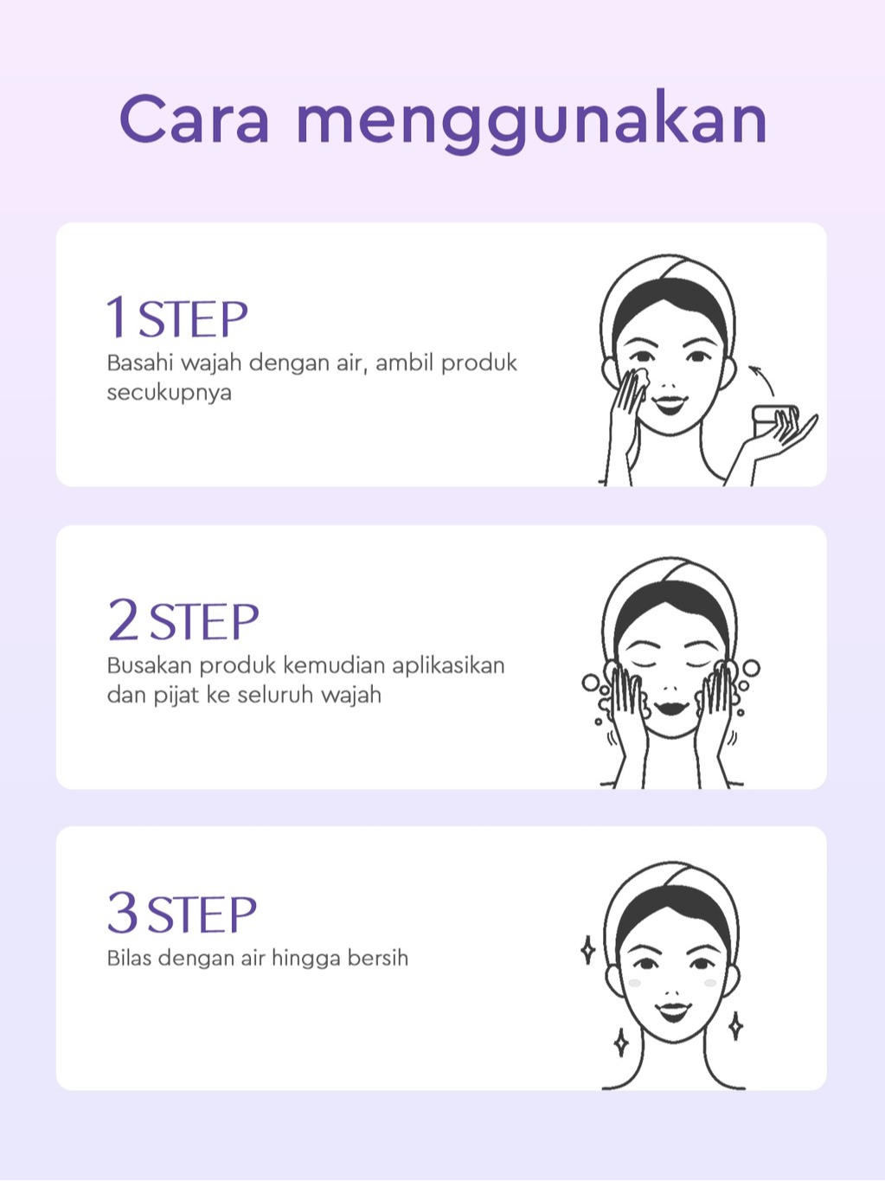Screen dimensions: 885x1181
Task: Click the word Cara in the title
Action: click(195, 119)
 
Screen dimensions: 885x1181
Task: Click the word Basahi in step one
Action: click(140, 363)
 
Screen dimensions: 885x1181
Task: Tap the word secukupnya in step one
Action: click(169, 394)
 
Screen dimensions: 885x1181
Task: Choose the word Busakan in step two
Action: click(149, 666)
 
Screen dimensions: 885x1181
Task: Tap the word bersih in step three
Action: click(378, 959)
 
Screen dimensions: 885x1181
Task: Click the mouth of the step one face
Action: click(670, 403)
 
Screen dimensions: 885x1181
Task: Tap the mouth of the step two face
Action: click(670, 707)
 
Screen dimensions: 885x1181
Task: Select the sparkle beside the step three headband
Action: click(588, 950)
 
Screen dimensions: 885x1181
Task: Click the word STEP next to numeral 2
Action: click(204, 621)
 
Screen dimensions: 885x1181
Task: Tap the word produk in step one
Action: click(478, 364)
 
